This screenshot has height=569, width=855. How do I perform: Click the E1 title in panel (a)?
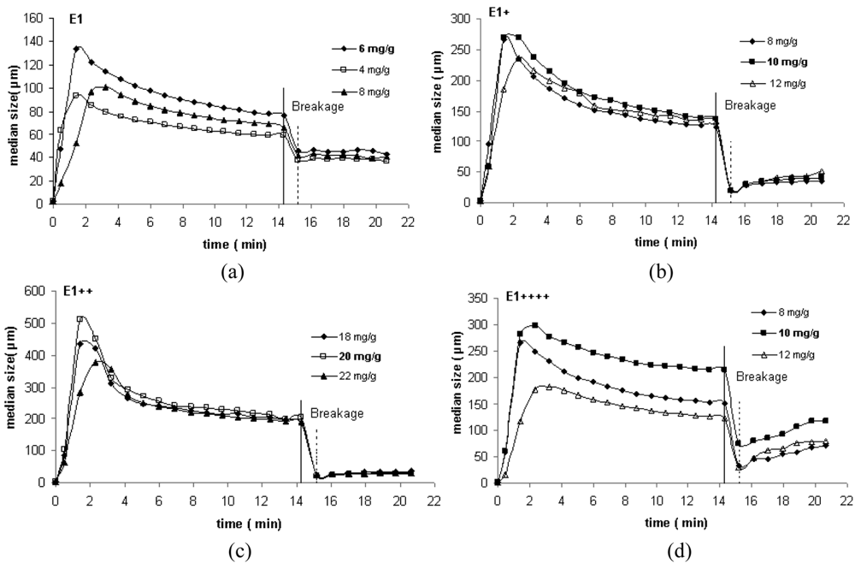click(75, 16)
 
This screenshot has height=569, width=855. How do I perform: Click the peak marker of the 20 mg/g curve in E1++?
click(80, 319)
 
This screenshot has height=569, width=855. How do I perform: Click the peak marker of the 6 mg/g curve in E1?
click(77, 49)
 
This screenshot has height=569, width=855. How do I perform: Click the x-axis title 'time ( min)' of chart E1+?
click(661, 242)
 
